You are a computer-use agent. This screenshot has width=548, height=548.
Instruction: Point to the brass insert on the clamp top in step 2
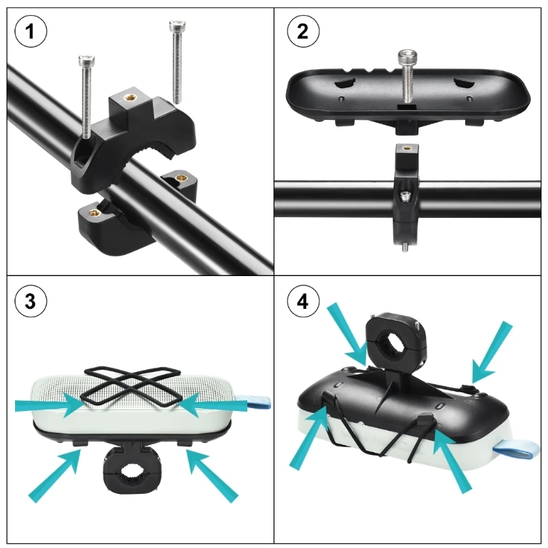[406, 148]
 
